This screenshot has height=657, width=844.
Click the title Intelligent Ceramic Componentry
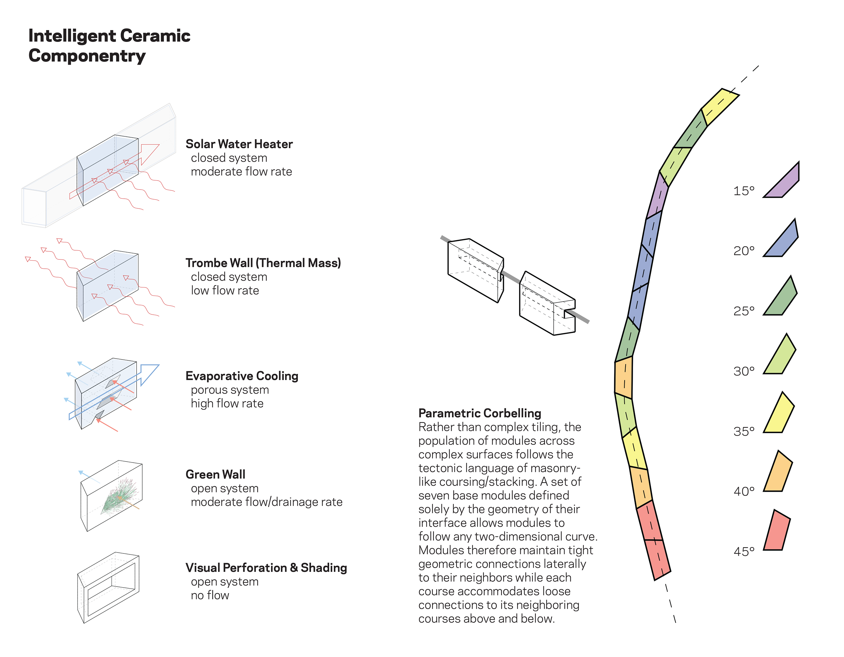(x=109, y=46)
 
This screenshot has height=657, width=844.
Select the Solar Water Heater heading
(x=239, y=144)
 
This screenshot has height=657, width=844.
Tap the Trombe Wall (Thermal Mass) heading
(x=263, y=263)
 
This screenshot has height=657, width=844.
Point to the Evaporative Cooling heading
(x=242, y=376)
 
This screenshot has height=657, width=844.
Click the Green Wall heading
(x=215, y=475)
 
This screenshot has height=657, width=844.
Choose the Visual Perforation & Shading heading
(x=266, y=568)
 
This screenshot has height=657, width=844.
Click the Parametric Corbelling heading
(x=480, y=413)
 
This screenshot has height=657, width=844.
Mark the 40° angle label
(x=744, y=491)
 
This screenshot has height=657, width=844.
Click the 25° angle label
(x=744, y=311)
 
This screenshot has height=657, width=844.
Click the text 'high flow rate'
(x=227, y=403)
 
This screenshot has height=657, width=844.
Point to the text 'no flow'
(x=210, y=595)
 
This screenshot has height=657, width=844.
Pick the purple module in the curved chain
(x=657, y=195)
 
